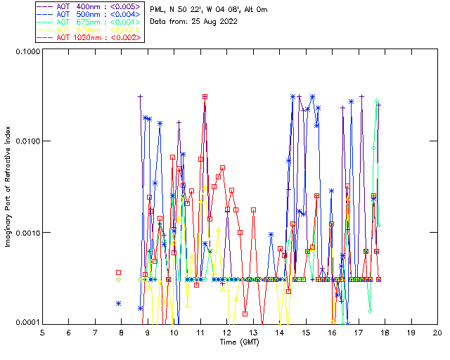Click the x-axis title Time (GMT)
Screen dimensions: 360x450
click(x=240, y=342)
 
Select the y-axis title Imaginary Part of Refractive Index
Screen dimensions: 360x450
click(x=8, y=187)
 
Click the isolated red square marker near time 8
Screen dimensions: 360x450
click(x=119, y=272)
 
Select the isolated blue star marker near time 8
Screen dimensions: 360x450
click(x=119, y=304)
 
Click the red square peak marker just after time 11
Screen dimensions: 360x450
click(x=205, y=97)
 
